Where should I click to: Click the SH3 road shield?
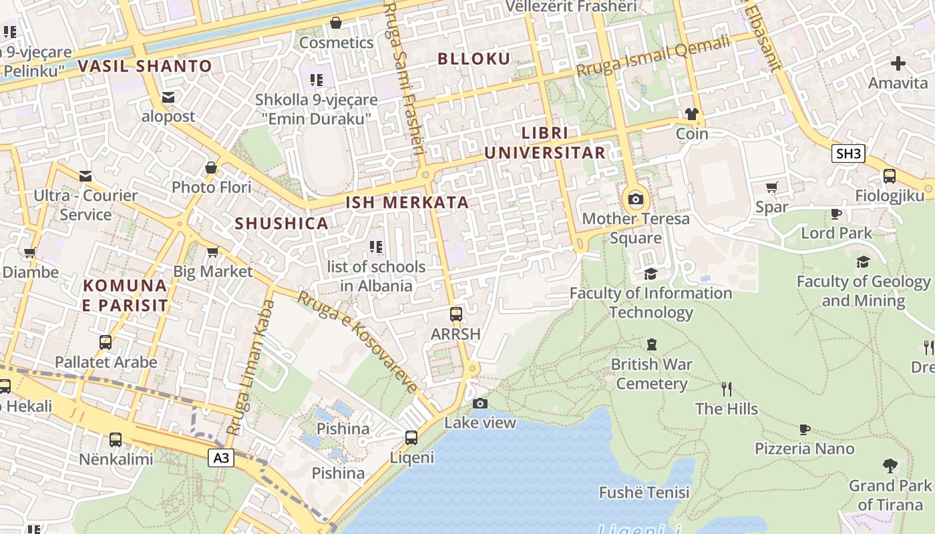[x=848, y=154]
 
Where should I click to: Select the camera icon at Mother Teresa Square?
[x=635, y=199]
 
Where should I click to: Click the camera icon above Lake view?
[x=480, y=403]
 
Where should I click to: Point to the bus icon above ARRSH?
[x=456, y=314]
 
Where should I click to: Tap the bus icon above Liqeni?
[x=411, y=438]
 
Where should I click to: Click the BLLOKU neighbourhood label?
[x=474, y=59]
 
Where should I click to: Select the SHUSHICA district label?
[x=281, y=224]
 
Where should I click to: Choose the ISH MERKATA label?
[x=407, y=202]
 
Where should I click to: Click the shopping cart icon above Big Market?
[x=212, y=252]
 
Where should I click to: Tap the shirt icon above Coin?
[x=691, y=114]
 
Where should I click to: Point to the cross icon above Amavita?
[x=898, y=63]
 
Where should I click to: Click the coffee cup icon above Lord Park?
[x=835, y=214]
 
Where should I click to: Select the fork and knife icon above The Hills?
[x=727, y=388]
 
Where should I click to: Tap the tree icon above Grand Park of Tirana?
[x=889, y=465]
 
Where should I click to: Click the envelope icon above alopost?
[x=168, y=97]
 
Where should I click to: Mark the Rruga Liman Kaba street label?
[x=250, y=367]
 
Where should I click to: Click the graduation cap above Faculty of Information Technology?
[x=650, y=274]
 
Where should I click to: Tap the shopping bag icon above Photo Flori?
[x=211, y=168]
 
